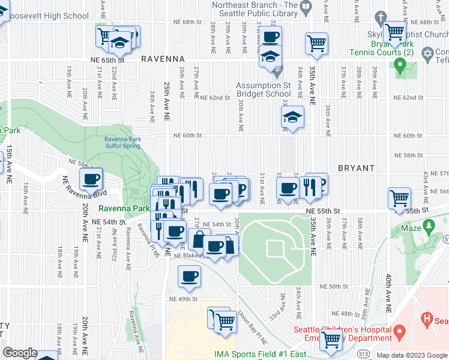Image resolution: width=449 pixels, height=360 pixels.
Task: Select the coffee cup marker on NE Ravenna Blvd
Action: [91, 179]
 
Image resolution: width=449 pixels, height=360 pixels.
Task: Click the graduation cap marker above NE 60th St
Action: [292, 117]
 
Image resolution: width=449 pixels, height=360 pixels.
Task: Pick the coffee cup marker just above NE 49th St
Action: [189, 277]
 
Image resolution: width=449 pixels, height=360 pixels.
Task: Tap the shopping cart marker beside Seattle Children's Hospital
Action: [331, 340]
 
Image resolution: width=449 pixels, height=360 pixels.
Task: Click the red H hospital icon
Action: [427, 317]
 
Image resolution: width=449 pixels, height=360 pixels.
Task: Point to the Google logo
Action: [20, 353]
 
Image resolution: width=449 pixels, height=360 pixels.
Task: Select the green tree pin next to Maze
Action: [428, 226]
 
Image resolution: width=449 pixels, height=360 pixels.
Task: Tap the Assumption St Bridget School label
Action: [264, 90]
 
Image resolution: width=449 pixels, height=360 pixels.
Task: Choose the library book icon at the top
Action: [306, 7]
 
